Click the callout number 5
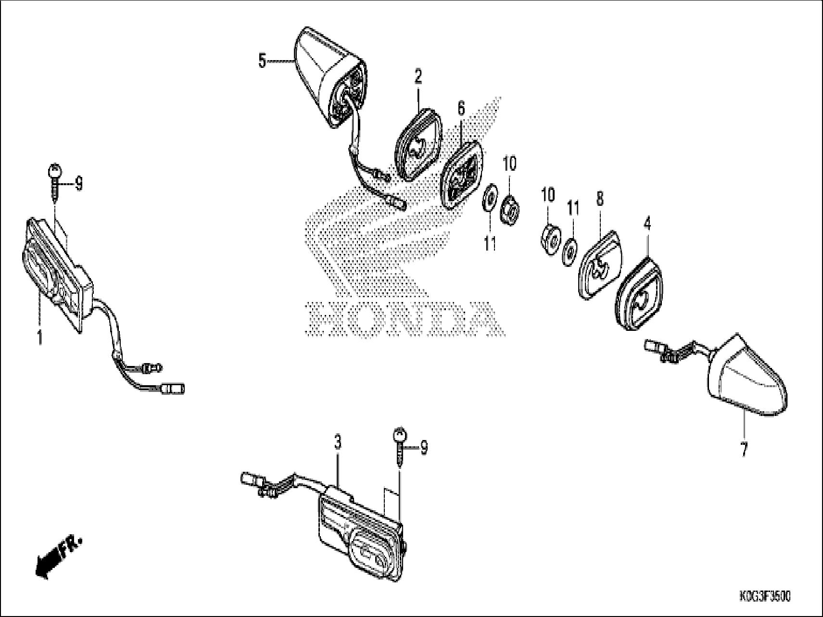pyautogui.click(x=262, y=62)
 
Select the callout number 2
pyautogui.click(x=418, y=76)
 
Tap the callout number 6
pyautogui.click(x=461, y=109)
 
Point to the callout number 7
pyautogui.click(x=744, y=450)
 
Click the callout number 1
pyautogui.click(x=40, y=337)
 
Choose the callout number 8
pyautogui.click(x=600, y=199)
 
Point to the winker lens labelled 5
pyautogui.click(x=327, y=77)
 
